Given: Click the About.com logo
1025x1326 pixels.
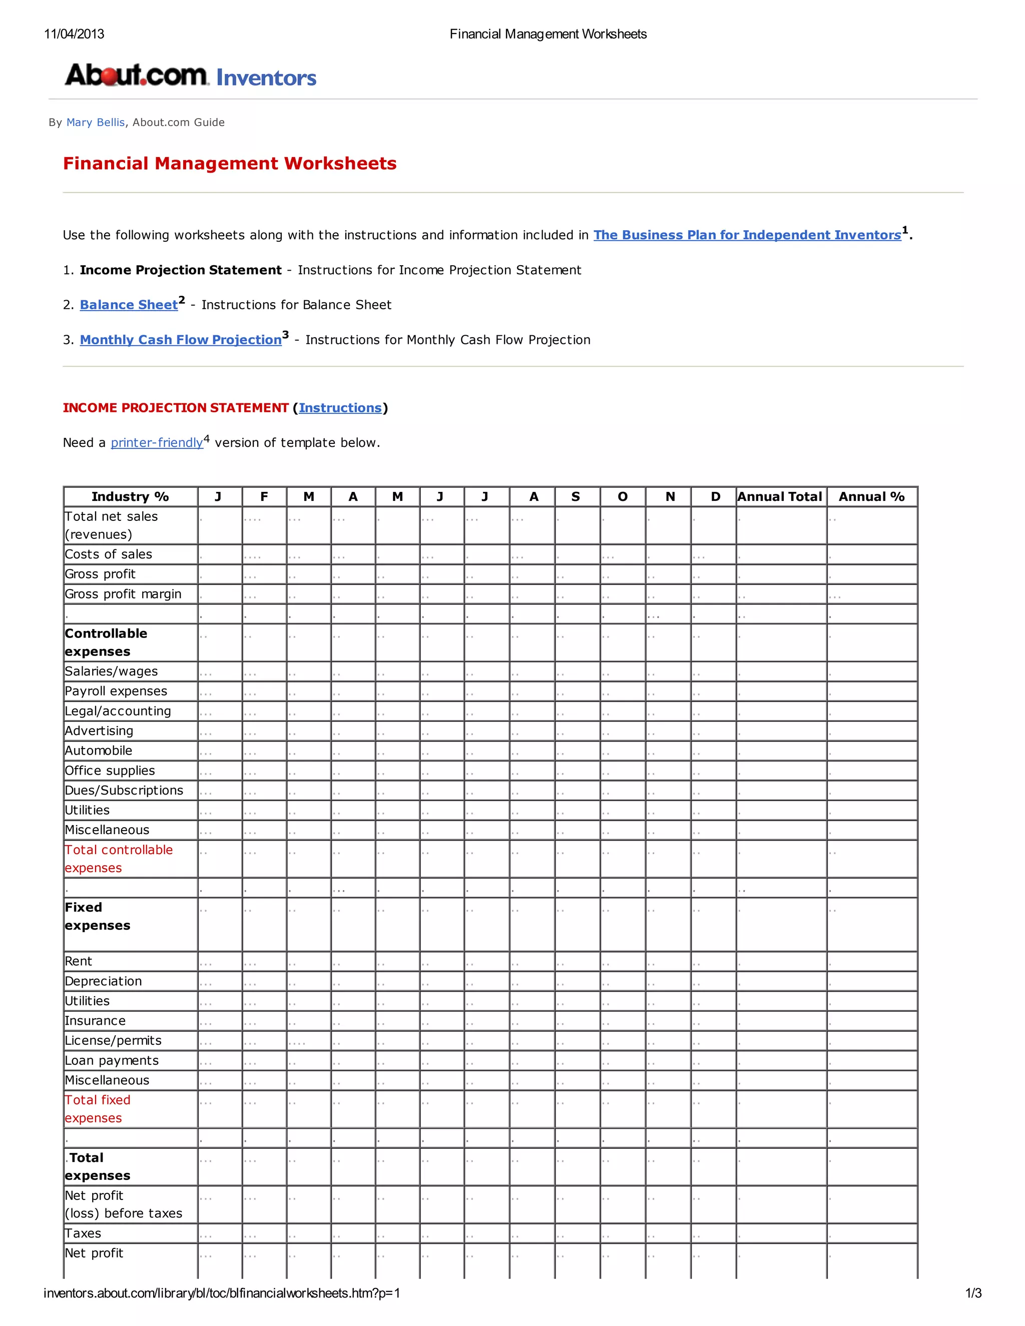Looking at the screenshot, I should tap(137, 75).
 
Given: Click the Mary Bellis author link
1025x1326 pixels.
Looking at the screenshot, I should tap(95, 123).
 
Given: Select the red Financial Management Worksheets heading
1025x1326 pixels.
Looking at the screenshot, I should tap(230, 163).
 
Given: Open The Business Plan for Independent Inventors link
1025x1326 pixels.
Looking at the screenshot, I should tap(747, 235).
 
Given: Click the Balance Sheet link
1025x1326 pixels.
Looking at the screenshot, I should tap(129, 305).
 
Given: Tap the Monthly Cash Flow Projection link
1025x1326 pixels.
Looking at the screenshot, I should tap(180, 340).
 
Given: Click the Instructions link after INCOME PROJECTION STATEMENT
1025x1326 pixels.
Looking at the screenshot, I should tap(340, 408).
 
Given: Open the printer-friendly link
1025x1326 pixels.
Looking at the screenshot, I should tap(157, 443).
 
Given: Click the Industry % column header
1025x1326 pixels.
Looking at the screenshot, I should tap(130, 497).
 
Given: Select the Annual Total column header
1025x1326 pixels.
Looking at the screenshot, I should tap(780, 497).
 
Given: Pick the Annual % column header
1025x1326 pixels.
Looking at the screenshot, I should tap(871, 497).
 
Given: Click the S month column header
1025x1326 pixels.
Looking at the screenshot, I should tap(576, 497).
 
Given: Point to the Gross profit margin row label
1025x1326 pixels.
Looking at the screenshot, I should tap(123, 594).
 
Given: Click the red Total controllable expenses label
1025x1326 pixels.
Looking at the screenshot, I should tap(119, 859).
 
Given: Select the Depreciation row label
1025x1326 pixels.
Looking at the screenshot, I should tap(103, 981).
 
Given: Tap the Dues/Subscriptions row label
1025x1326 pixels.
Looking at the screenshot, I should tap(124, 791).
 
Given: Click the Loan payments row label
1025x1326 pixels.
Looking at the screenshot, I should tap(112, 1061).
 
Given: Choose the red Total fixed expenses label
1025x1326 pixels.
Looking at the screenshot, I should tap(97, 1109).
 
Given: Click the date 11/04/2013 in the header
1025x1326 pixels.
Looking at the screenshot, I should tap(74, 34).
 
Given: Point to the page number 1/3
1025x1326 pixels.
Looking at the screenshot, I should tap(973, 1293).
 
